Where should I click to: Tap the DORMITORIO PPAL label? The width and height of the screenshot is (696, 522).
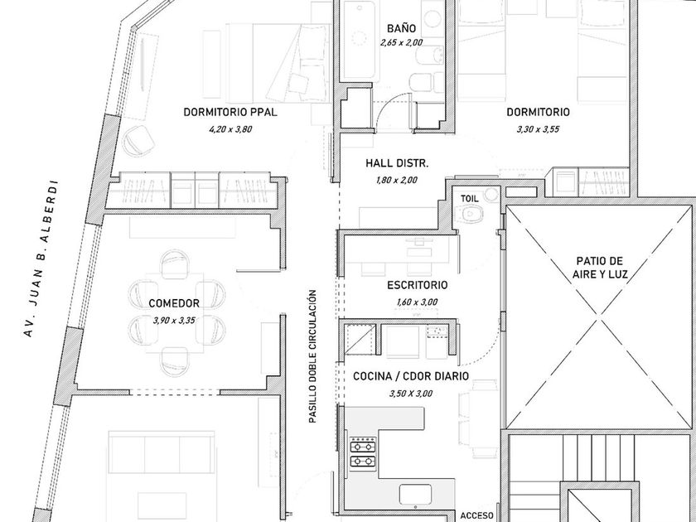point(230,113)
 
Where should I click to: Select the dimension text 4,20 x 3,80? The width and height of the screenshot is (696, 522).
point(230,129)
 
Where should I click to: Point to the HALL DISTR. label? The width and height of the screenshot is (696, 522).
point(397,164)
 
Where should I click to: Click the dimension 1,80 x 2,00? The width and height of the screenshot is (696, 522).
point(397,180)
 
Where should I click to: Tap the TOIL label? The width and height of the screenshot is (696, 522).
point(470,199)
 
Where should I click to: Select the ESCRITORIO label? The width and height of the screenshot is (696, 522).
point(418,286)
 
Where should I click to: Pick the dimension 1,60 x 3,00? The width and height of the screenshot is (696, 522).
point(418,302)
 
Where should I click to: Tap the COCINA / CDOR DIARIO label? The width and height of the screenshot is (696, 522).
point(411,377)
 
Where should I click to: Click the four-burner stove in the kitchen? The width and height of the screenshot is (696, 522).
point(362,452)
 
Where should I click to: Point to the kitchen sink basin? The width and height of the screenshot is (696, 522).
point(415,495)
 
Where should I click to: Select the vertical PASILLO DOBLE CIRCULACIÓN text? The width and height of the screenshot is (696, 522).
point(312,357)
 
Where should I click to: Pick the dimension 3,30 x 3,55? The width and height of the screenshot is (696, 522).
point(538,129)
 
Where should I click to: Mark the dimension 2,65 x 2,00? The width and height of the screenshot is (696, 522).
point(401,43)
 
